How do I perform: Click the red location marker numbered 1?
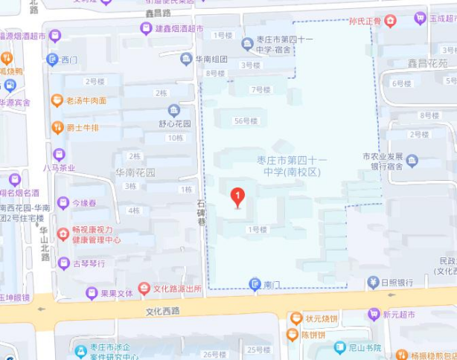click(237, 196)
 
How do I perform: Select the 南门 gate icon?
click(255, 283)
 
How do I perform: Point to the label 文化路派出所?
click(177, 289)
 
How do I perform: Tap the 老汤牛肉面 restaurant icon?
click(57, 100)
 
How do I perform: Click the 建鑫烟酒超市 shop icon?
click(146, 29)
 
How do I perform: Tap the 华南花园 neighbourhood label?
click(135, 172)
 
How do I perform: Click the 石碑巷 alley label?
click(200, 212)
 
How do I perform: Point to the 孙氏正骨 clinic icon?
click(389, 21)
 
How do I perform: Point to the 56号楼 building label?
click(246, 120)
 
